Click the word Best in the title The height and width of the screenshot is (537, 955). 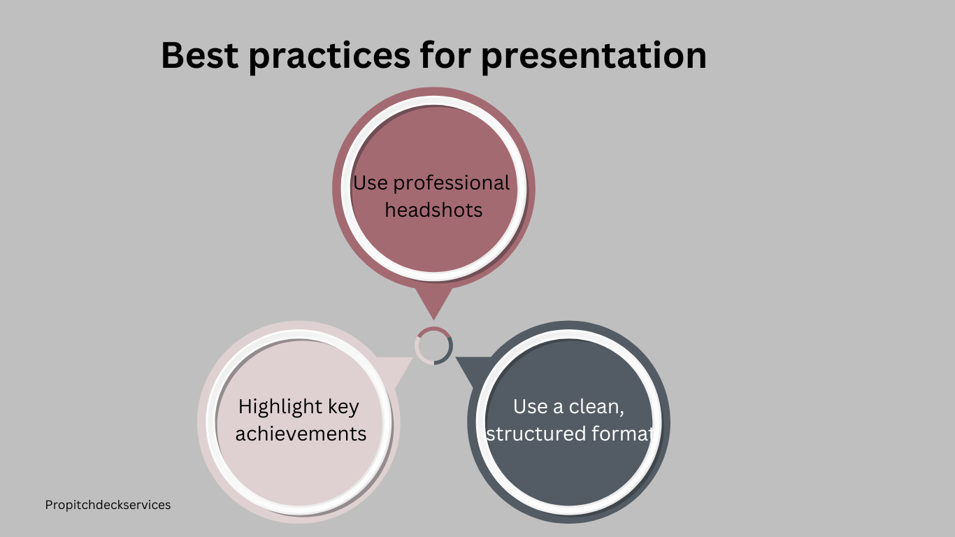click(x=199, y=55)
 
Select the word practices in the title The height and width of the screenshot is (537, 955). click(x=329, y=57)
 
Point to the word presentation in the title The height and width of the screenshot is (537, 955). click(x=594, y=57)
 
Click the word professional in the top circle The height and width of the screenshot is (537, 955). click(x=451, y=184)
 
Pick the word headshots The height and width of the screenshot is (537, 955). click(x=433, y=210)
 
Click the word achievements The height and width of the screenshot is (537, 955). click(x=301, y=434)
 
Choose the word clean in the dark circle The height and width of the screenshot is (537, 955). click(x=596, y=407)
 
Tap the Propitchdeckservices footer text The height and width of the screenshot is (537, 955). click(x=108, y=505)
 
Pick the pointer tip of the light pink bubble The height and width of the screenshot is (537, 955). click(x=412, y=358)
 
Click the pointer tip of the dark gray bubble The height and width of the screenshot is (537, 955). click(x=457, y=358)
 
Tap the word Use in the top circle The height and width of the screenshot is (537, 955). click(x=370, y=183)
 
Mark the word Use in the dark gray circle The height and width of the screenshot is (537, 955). click(x=531, y=406)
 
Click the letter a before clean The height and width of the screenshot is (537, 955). click(x=558, y=408)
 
